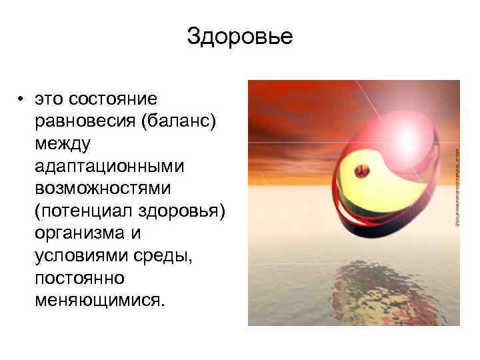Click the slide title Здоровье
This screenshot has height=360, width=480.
coord(239,37)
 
